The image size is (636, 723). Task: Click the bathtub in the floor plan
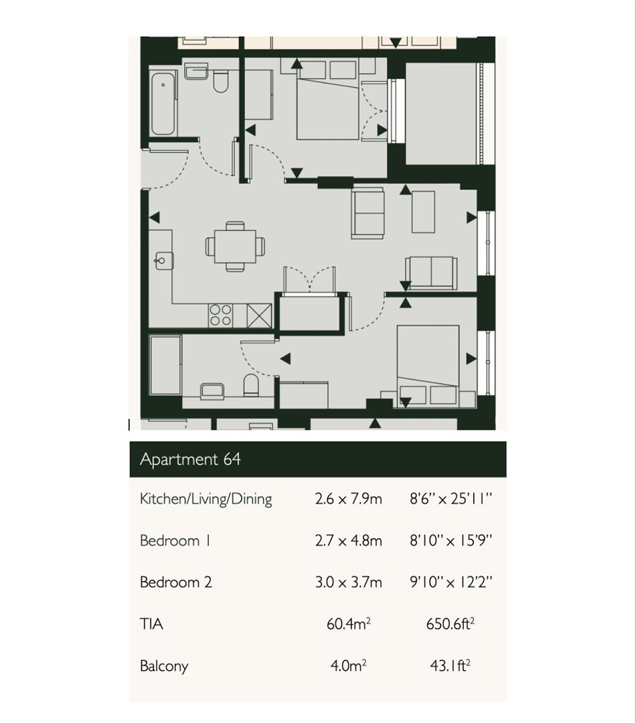pyautogui.click(x=163, y=103)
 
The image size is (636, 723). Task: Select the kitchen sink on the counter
pyautogui.click(x=163, y=260)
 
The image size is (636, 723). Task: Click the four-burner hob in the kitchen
pyautogui.click(x=221, y=315)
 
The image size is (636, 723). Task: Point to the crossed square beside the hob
pyautogui.click(x=259, y=315)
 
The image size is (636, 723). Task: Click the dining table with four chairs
pyautogui.click(x=235, y=246)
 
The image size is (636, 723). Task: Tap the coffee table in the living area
pyautogui.click(x=423, y=212)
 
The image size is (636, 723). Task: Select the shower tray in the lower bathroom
pyautogui.click(x=165, y=366)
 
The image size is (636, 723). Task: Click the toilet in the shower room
pyautogui.click(x=251, y=385)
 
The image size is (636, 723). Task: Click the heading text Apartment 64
pyautogui.click(x=190, y=459)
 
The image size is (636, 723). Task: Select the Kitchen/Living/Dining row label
pyautogui.click(x=206, y=499)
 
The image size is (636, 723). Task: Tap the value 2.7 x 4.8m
pyautogui.click(x=348, y=541)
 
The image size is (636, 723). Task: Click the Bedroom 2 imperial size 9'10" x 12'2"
pyautogui.click(x=451, y=582)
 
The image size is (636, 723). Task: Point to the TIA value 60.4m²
pyautogui.click(x=348, y=624)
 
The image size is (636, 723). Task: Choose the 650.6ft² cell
pyautogui.click(x=451, y=624)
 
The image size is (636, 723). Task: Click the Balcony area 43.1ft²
pyautogui.click(x=451, y=665)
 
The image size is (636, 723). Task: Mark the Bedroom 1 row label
pyautogui.click(x=175, y=541)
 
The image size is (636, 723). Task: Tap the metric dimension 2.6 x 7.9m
pyautogui.click(x=348, y=499)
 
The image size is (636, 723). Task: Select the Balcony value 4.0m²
pyautogui.click(x=348, y=665)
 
